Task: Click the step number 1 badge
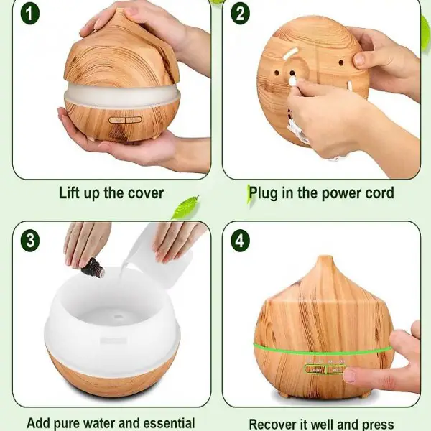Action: pyautogui.click(x=30, y=14)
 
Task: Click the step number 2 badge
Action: pyautogui.click(x=240, y=14)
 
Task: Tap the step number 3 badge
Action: pyautogui.click(x=30, y=241)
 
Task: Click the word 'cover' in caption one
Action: pyautogui.click(x=146, y=193)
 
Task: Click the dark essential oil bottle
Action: pyautogui.click(x=93, y=268)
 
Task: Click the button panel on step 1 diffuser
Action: pyautogui.click(x=125, y=120)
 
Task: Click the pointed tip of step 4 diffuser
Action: pyautogui.click(x=325, y=257)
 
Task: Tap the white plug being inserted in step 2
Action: pyautogui.click(x=293, y=80)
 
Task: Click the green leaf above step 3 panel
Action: pyautogui.click(x=185, y=207)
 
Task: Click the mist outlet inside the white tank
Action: pyautogui.click(x=119, y=316)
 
